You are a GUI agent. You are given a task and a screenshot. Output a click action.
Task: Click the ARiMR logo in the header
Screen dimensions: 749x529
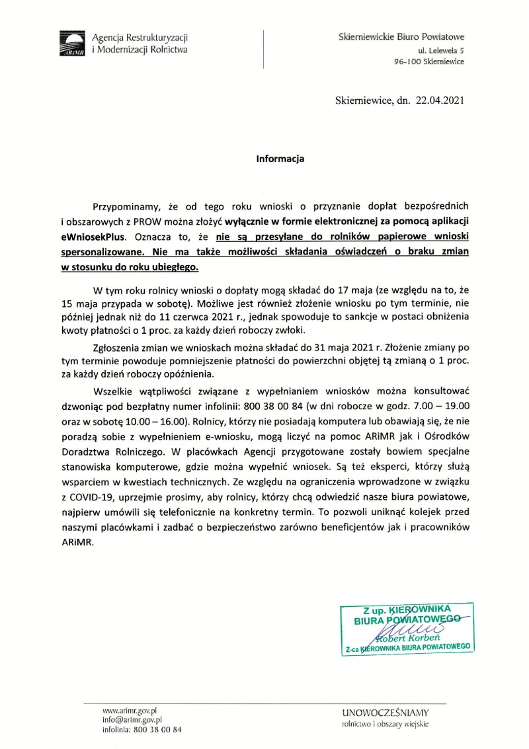73,44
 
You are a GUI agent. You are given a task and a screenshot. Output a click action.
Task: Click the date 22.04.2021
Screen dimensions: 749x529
440,101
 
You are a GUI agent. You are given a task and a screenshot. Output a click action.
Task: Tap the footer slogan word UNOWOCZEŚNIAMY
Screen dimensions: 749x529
386,712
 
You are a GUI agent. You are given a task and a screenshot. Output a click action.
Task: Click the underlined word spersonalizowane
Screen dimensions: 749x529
108,251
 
